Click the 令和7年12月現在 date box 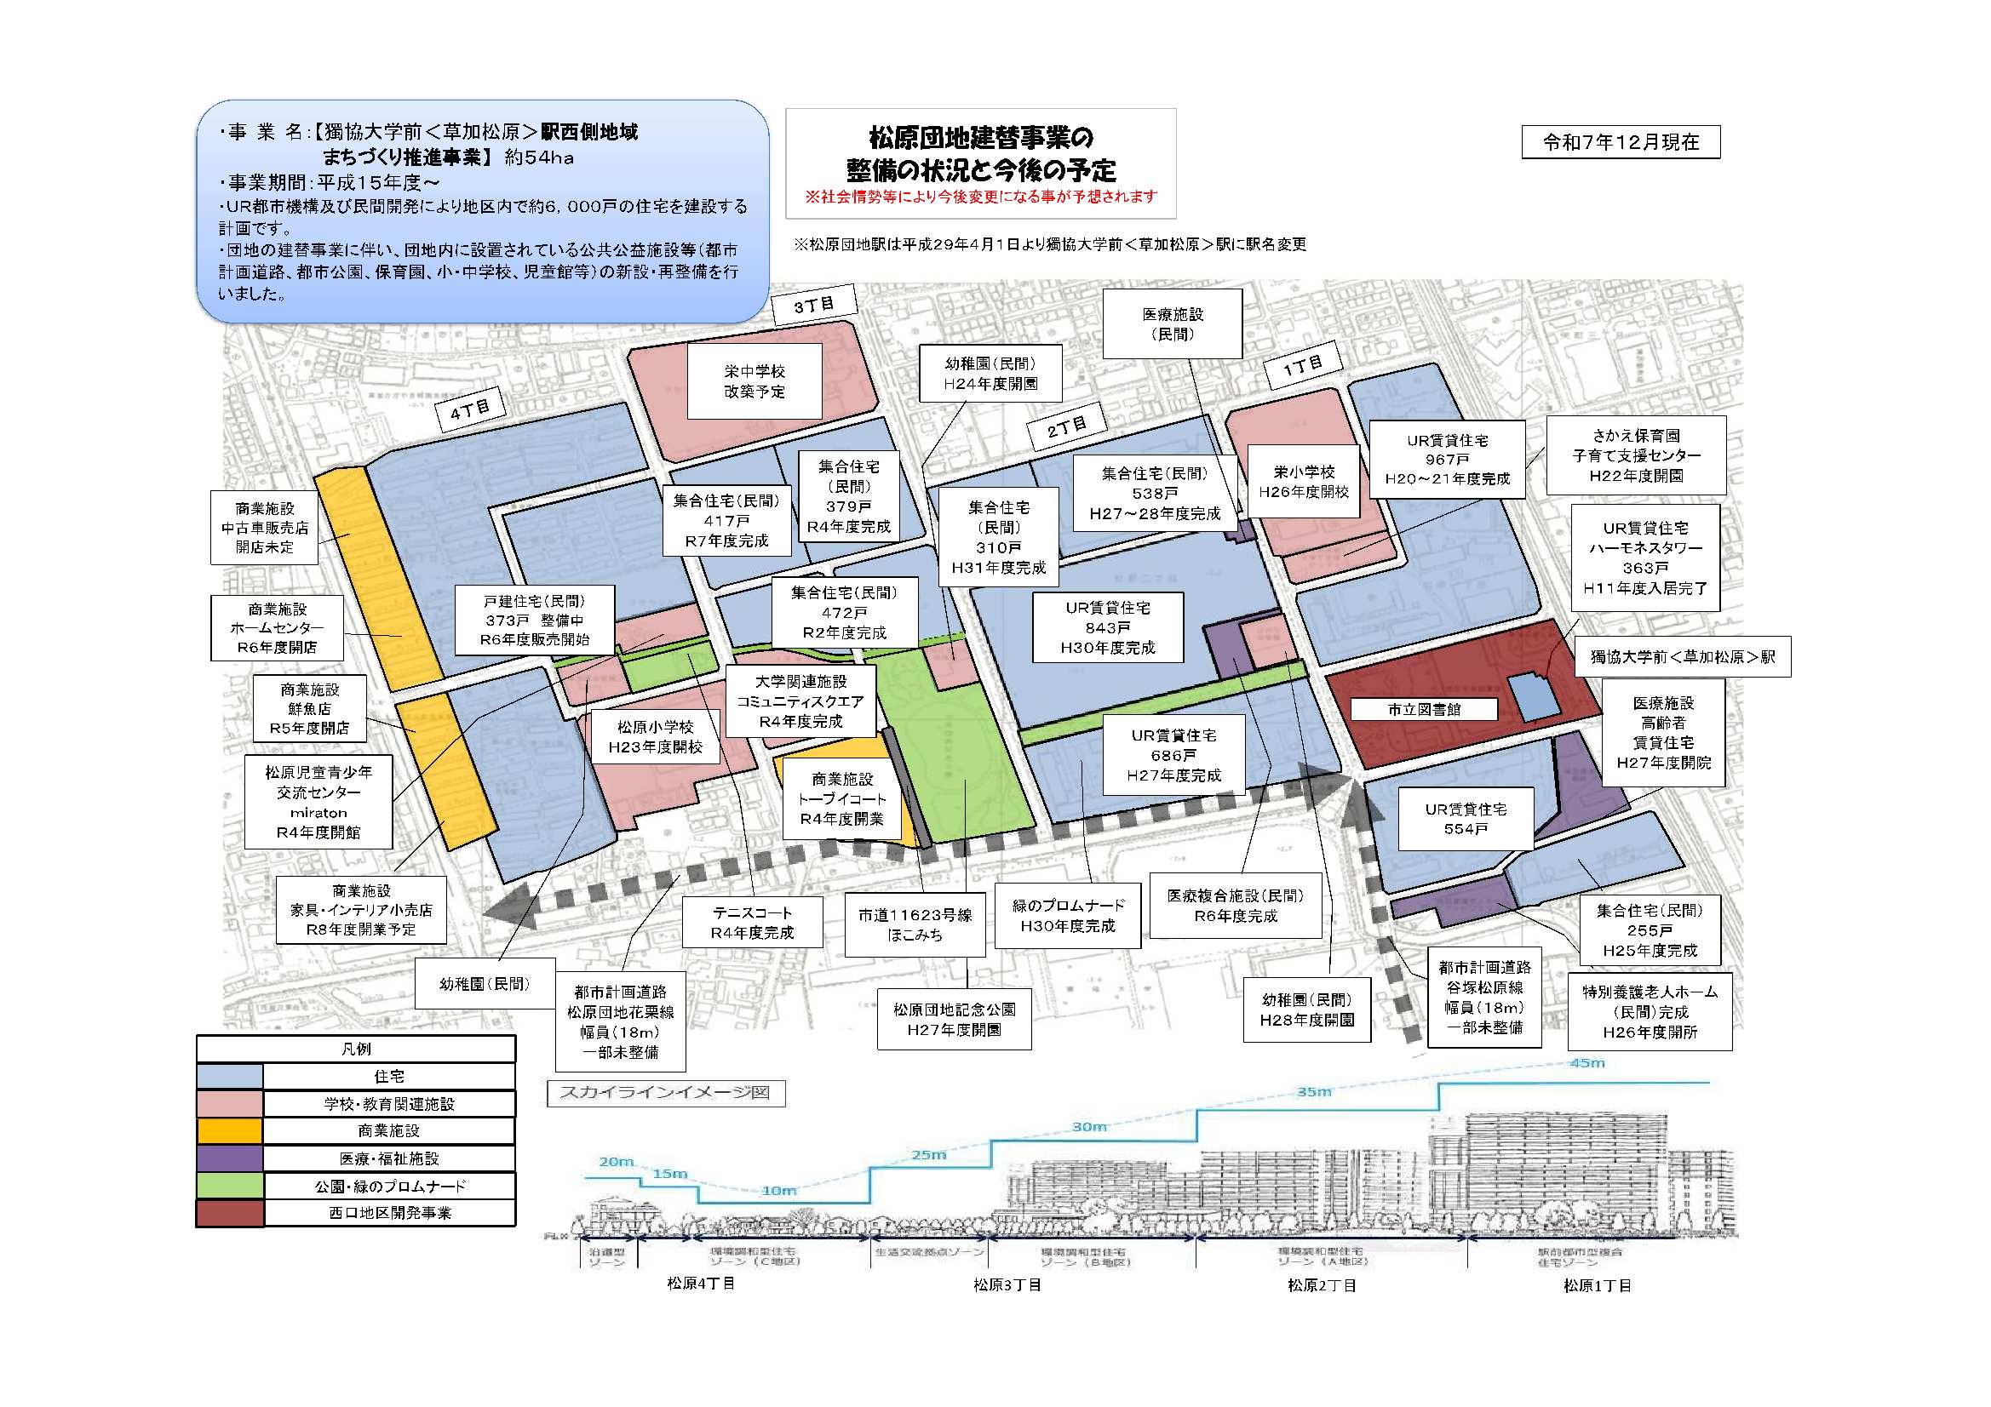[1620, 143]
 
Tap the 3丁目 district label [813, 306]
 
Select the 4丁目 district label [470, 409]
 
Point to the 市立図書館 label [1423, 709]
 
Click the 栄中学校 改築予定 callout [754, 381]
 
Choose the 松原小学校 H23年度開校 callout [655, 737]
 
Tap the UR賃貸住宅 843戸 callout [1107, 627]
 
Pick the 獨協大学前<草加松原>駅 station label [1681, 657]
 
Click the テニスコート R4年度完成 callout [752, 923]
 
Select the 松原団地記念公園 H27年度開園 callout [954, 1020]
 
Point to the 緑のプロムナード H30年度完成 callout [1068, 916]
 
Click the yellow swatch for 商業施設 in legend [229, 1131]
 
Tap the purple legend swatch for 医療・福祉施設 [229, 1158]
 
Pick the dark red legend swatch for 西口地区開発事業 [229, 1213]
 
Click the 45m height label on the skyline [1586, 1063]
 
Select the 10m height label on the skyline [777, 1190]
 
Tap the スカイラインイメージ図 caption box [665, 1092]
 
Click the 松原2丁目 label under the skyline [1322, 1285]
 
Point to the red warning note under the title [981, 197]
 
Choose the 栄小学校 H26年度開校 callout [1303, 482]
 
